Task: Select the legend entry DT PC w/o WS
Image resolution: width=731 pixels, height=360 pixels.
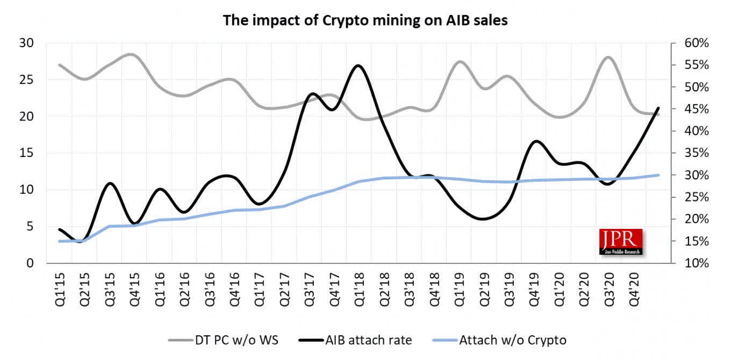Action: (x=226, y=340)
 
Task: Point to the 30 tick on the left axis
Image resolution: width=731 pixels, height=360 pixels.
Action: (x=27, y=43)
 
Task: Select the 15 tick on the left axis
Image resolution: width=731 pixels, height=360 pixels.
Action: (x=27, y=153)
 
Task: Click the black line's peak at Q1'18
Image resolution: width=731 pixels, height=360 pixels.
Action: (x=359, y=66)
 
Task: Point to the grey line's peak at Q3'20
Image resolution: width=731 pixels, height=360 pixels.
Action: (x=609, y=57)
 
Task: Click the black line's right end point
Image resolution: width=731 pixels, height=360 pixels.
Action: (x=658, y=108)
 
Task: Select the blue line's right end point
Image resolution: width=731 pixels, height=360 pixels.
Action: (x=658, y=175)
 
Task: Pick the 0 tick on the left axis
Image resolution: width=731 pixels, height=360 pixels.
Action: (x=30, y=263)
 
